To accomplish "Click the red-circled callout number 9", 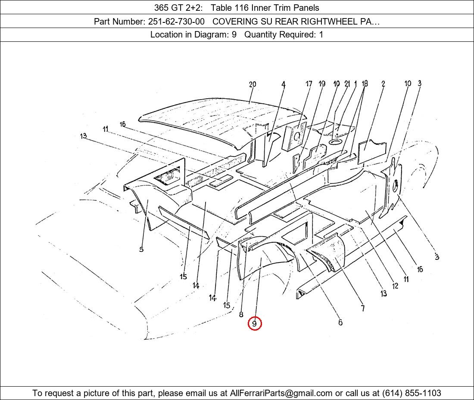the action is tap(255, 324).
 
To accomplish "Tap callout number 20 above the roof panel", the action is tap(253, 84).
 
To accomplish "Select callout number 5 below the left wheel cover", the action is tap(141, 250).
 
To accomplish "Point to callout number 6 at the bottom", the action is tap(340, 322).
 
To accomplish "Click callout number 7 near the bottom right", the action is tap(363, 308).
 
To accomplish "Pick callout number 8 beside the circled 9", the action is tap(241, 314).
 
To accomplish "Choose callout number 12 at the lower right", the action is tap(395, 286).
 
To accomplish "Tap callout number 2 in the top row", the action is tap(383, 84).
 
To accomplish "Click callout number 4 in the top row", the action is tap(283, 84).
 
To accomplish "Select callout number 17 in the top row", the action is tap(309, 84).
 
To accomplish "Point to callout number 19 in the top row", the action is tap(321, 84).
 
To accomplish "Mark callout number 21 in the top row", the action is tap(347, 84).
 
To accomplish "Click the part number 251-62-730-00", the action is tap(176, 22).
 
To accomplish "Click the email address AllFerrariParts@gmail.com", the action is tap(281, 393).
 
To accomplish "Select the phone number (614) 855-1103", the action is tap(412, 393).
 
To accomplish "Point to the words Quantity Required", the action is tap(280, 35).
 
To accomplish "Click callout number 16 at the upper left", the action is tap(122, 124).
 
